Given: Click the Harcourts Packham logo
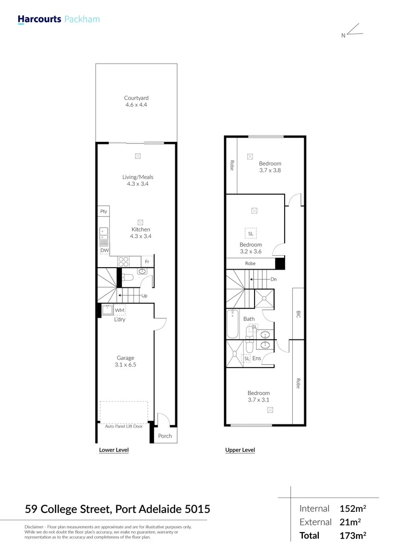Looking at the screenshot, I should pos(59,20).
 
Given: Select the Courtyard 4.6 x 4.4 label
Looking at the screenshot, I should pos(136,101).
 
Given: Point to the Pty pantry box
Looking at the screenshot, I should pos(104,211).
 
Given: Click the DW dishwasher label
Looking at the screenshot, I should pos(104,251).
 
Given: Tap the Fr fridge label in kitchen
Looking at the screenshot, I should pos(147,262).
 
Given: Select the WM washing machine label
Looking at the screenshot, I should pos(119,310).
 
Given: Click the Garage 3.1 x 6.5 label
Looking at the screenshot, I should pos(125,361).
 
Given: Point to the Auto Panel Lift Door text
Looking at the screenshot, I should pos(124,426).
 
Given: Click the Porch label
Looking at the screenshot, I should pos(165,436).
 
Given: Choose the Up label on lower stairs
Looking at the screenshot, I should pos(145,296).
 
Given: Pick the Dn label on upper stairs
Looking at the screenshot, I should pos(274,279).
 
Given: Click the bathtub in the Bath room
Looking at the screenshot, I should pos(232,324).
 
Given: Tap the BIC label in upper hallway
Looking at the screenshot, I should pos(298,314).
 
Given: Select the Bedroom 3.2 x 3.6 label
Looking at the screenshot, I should pos(250,247).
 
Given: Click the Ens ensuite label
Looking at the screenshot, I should pos(257,358).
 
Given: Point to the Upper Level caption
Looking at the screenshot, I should pos(240,450).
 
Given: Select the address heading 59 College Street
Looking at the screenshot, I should pos(118,509).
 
